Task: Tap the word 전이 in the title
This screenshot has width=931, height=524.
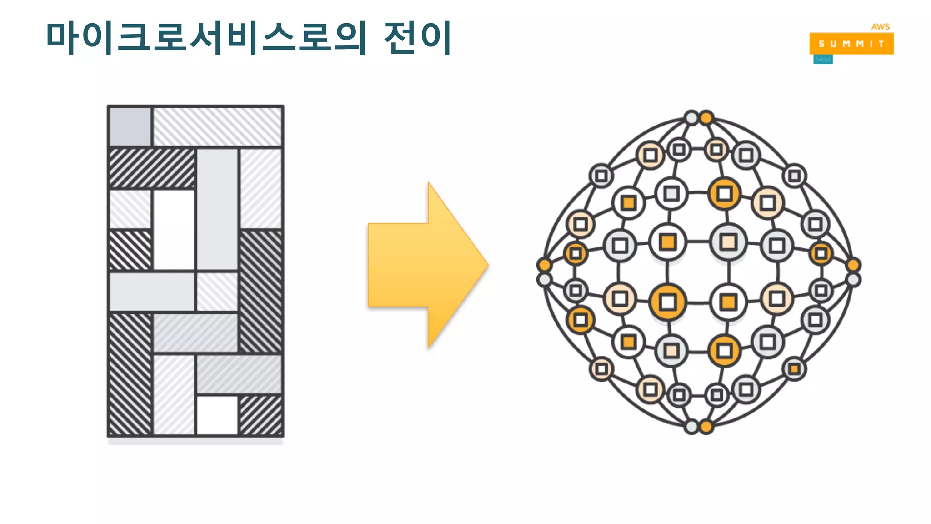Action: pos(417,37)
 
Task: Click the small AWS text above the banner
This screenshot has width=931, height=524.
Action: pos(880,27)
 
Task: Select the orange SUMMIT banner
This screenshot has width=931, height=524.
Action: pos(851,44)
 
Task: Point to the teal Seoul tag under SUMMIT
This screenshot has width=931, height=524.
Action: pos(823,60)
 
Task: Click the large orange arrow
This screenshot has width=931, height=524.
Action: pos(427,265)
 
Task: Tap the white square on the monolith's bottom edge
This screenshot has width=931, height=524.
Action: pos(217,415)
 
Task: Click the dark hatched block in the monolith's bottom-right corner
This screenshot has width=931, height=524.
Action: pos(260,415)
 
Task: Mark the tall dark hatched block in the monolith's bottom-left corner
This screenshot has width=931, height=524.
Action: pos(130,374)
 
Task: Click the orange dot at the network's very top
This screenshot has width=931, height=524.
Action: pos(706,118)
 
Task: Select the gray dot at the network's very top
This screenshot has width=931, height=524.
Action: pos(691,118)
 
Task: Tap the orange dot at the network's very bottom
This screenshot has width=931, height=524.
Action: pos(706,427)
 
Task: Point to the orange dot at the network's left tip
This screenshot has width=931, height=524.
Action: pos(544,265)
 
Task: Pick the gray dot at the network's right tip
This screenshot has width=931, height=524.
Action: pos(853,280)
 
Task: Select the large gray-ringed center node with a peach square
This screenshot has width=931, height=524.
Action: pos(729,242)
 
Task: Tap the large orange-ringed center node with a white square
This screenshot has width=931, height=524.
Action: pos(668,302)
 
